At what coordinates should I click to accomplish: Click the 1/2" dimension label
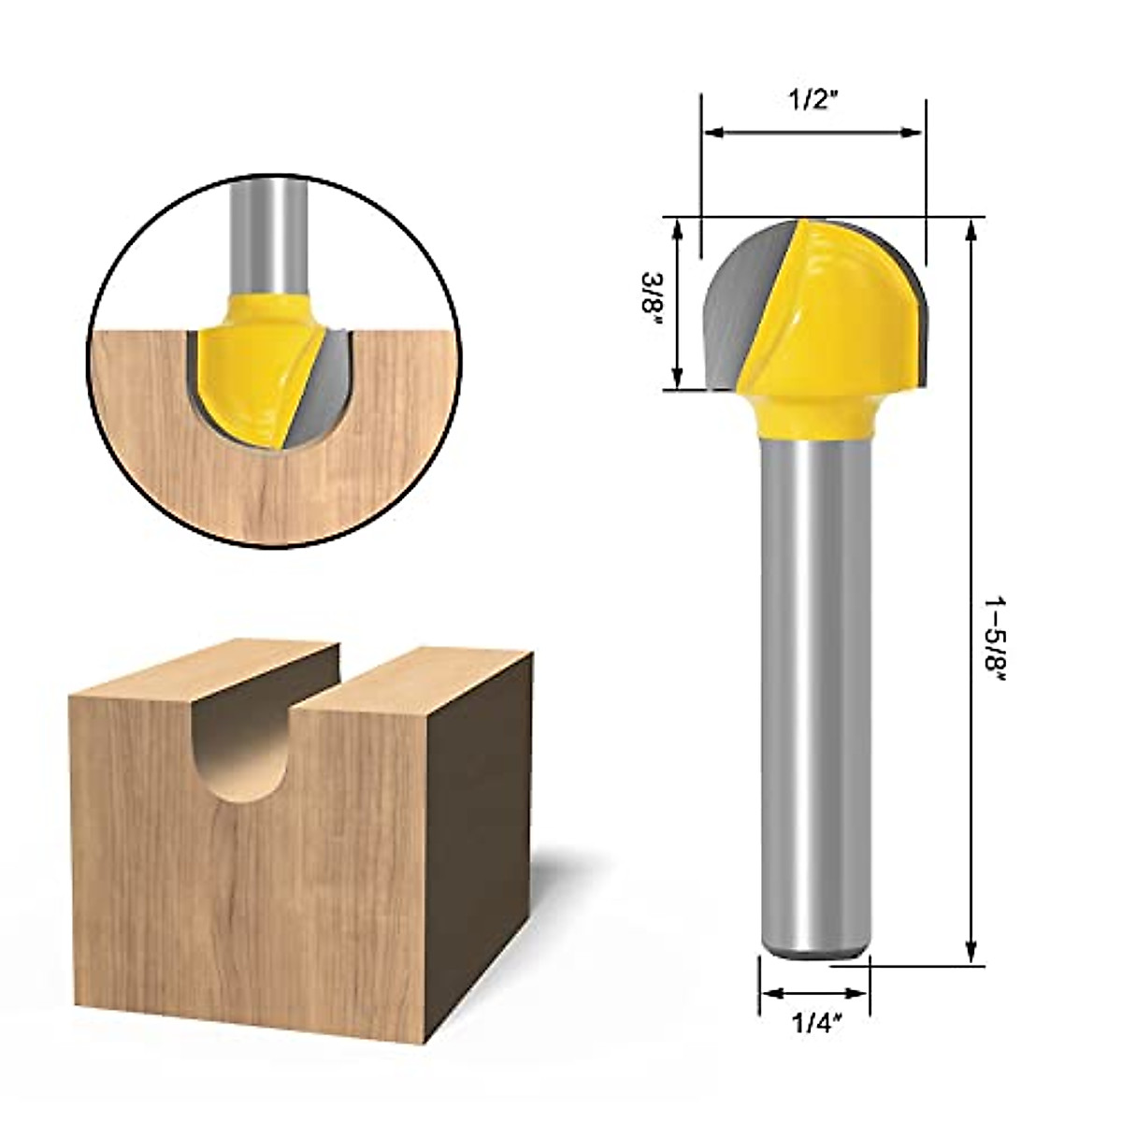tap(813, 101)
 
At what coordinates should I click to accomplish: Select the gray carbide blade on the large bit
tap(746, 303)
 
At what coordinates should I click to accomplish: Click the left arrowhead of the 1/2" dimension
tap(714, 133)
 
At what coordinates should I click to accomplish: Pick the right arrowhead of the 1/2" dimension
tap(912, 133)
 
